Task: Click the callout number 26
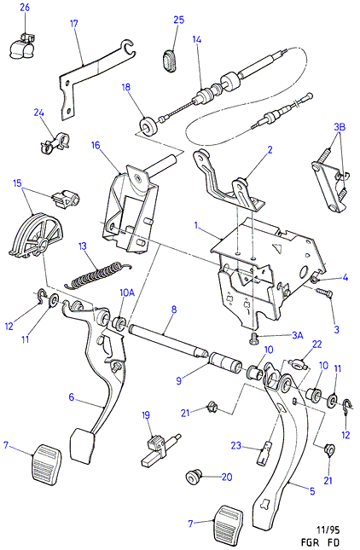coord(25,8)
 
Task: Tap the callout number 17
coord(73,24)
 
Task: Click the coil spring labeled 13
coord(99,275)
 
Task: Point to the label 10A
coord(127,292)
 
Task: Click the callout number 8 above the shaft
coord(174,310)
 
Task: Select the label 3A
coord(297,335)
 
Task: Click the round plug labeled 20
coord(193,478)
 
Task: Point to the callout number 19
coord(146,415)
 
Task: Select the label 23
coord(235,445)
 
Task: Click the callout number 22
coord(316,344)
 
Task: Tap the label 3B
coord(340,126)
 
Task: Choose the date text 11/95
coord(328,530)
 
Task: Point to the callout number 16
coord(96,145)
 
